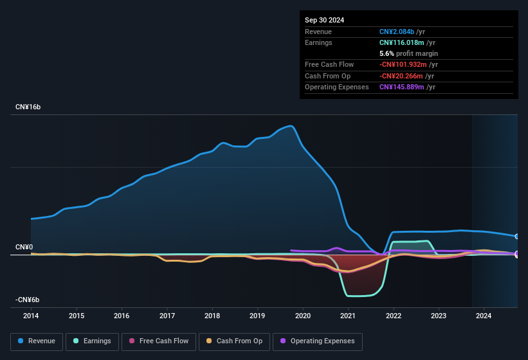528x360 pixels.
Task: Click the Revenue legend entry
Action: pos(36,341)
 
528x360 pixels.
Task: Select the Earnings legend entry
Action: pos(92,341)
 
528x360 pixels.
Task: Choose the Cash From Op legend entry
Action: pos(235,341)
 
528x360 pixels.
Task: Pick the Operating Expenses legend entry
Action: pos(318,341)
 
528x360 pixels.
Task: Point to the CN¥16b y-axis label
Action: pos(28,107)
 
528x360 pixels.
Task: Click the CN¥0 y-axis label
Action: pos(24,248)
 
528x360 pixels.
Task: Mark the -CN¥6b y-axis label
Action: pos(27,300)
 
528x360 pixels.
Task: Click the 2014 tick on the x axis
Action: pos(31,316)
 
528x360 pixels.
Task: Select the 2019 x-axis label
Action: pos(257,316)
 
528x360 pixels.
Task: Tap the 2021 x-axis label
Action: pos(348,316)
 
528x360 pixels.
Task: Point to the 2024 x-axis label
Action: pos(484,316)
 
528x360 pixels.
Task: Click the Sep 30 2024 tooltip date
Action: pos(324,20)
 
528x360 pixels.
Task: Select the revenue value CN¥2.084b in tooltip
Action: pos(397,32)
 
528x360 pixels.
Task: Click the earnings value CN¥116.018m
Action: pos(401,42)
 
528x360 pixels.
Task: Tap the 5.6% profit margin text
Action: pos(408,53)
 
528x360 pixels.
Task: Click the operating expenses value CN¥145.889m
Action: pos(401,87)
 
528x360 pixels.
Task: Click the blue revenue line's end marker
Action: pos(516,237)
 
